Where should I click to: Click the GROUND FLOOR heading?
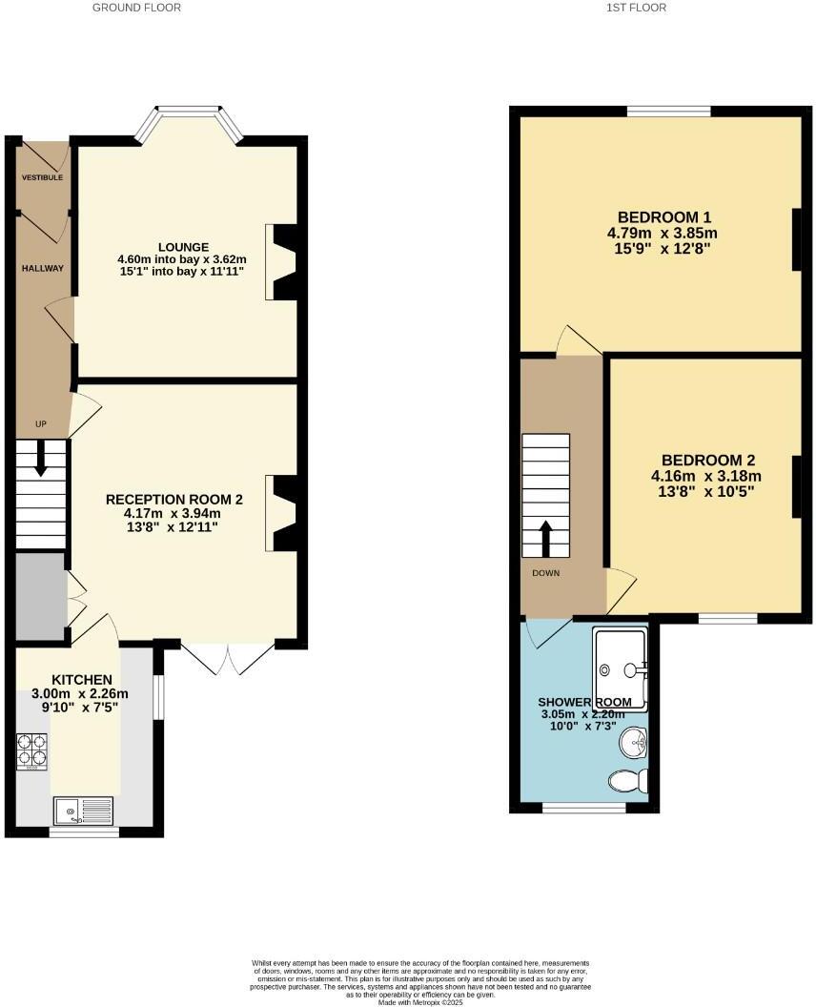click(x=136, y=8)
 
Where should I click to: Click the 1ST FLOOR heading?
click(x=635, y=8)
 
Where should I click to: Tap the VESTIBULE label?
click(x=43, y=177)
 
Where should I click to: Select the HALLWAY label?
click(x=43, y=268)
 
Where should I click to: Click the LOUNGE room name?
click(x=182, y=247)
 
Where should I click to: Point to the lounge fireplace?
click(x=282, y=261)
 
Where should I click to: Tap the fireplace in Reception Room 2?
click(x=282, y=513)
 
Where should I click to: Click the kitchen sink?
click(x=83, y=811)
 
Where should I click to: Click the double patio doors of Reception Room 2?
click(x=229, y=657)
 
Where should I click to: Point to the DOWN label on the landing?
click(x=546, y=573)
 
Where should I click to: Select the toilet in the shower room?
click(x=628, y=781)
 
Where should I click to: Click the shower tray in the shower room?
click(x=621, y=669)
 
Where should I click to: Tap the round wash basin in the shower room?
click(x=633, y=740)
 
